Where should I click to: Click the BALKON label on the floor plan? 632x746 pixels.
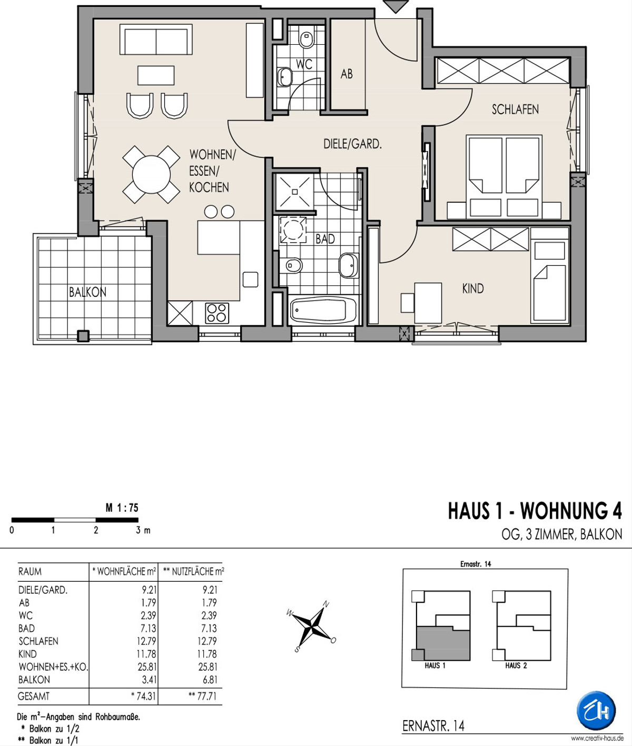tap(88, 292)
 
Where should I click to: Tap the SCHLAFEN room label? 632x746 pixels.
tap(515, 110)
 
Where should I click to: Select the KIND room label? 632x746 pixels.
tap(473, 289)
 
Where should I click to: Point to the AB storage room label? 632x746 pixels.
tap(347, 74)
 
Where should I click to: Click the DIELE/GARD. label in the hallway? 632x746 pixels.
tap(352, 144)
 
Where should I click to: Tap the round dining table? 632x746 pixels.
tap(151, 174)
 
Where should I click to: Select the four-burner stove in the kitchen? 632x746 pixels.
tap(217, 313)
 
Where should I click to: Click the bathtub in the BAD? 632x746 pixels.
tap(323, 310)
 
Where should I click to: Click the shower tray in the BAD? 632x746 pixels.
tap(294, 192)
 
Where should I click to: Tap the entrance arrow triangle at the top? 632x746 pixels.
tap(396, 6)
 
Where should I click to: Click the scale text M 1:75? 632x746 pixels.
tap(122, 508)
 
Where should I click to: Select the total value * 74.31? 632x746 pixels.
tap(144, 696)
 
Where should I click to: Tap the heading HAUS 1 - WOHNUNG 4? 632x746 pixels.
tap(535, 511)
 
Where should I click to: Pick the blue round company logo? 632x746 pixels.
tap(596, 711)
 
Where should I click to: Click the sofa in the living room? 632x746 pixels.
tap(156, 39)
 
